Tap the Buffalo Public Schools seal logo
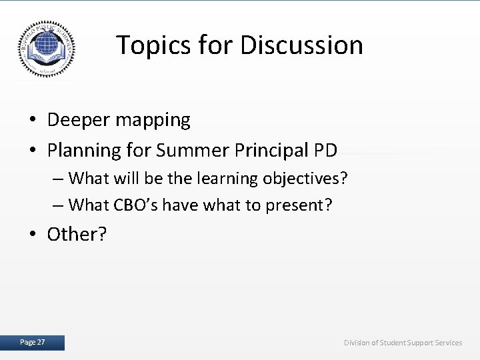(x=47, y=49)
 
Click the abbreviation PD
(x=324, y=151)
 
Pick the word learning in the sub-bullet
(x=218, y=179)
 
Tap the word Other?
(x=77, y=235)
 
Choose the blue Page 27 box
(x=41, y=342)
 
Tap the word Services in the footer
(x=447, y=343)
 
